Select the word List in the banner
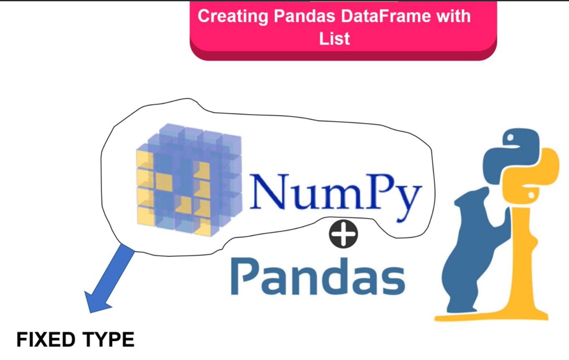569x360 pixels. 334,39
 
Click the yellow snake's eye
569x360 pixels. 531,195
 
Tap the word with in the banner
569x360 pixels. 450,16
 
